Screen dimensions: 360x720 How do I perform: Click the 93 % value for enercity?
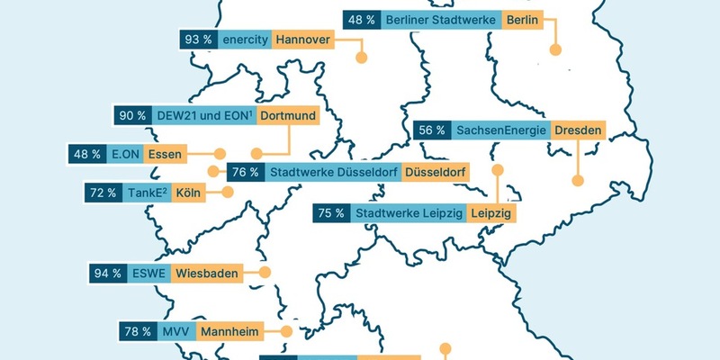197,40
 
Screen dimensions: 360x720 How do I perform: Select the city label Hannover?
301,40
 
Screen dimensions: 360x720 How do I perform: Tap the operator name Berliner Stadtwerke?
440,19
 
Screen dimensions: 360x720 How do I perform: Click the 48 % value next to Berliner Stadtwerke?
361,19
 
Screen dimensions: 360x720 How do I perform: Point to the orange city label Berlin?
523,19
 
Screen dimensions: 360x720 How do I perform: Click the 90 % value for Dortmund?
132,115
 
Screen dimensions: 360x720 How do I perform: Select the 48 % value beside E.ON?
87,154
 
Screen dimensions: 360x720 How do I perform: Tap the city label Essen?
164,154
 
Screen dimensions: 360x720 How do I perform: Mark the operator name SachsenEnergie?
501,130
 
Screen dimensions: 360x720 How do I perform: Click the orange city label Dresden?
578,130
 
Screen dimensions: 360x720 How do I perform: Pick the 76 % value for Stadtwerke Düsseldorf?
245,172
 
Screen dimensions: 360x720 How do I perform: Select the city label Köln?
188,193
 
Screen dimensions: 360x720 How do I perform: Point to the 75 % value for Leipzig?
329,213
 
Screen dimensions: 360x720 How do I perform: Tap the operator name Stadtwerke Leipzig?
409,213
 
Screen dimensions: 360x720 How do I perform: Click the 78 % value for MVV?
138,332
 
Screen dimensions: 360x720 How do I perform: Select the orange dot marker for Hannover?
362,58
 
